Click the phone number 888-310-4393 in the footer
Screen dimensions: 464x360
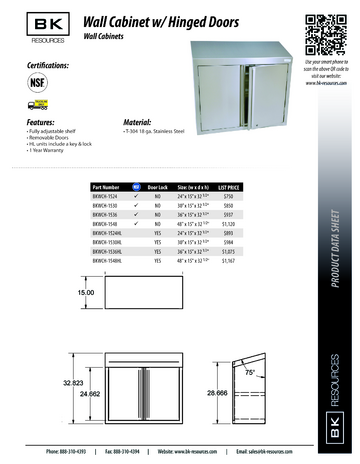pyautogui.click(x=69, y=451)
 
